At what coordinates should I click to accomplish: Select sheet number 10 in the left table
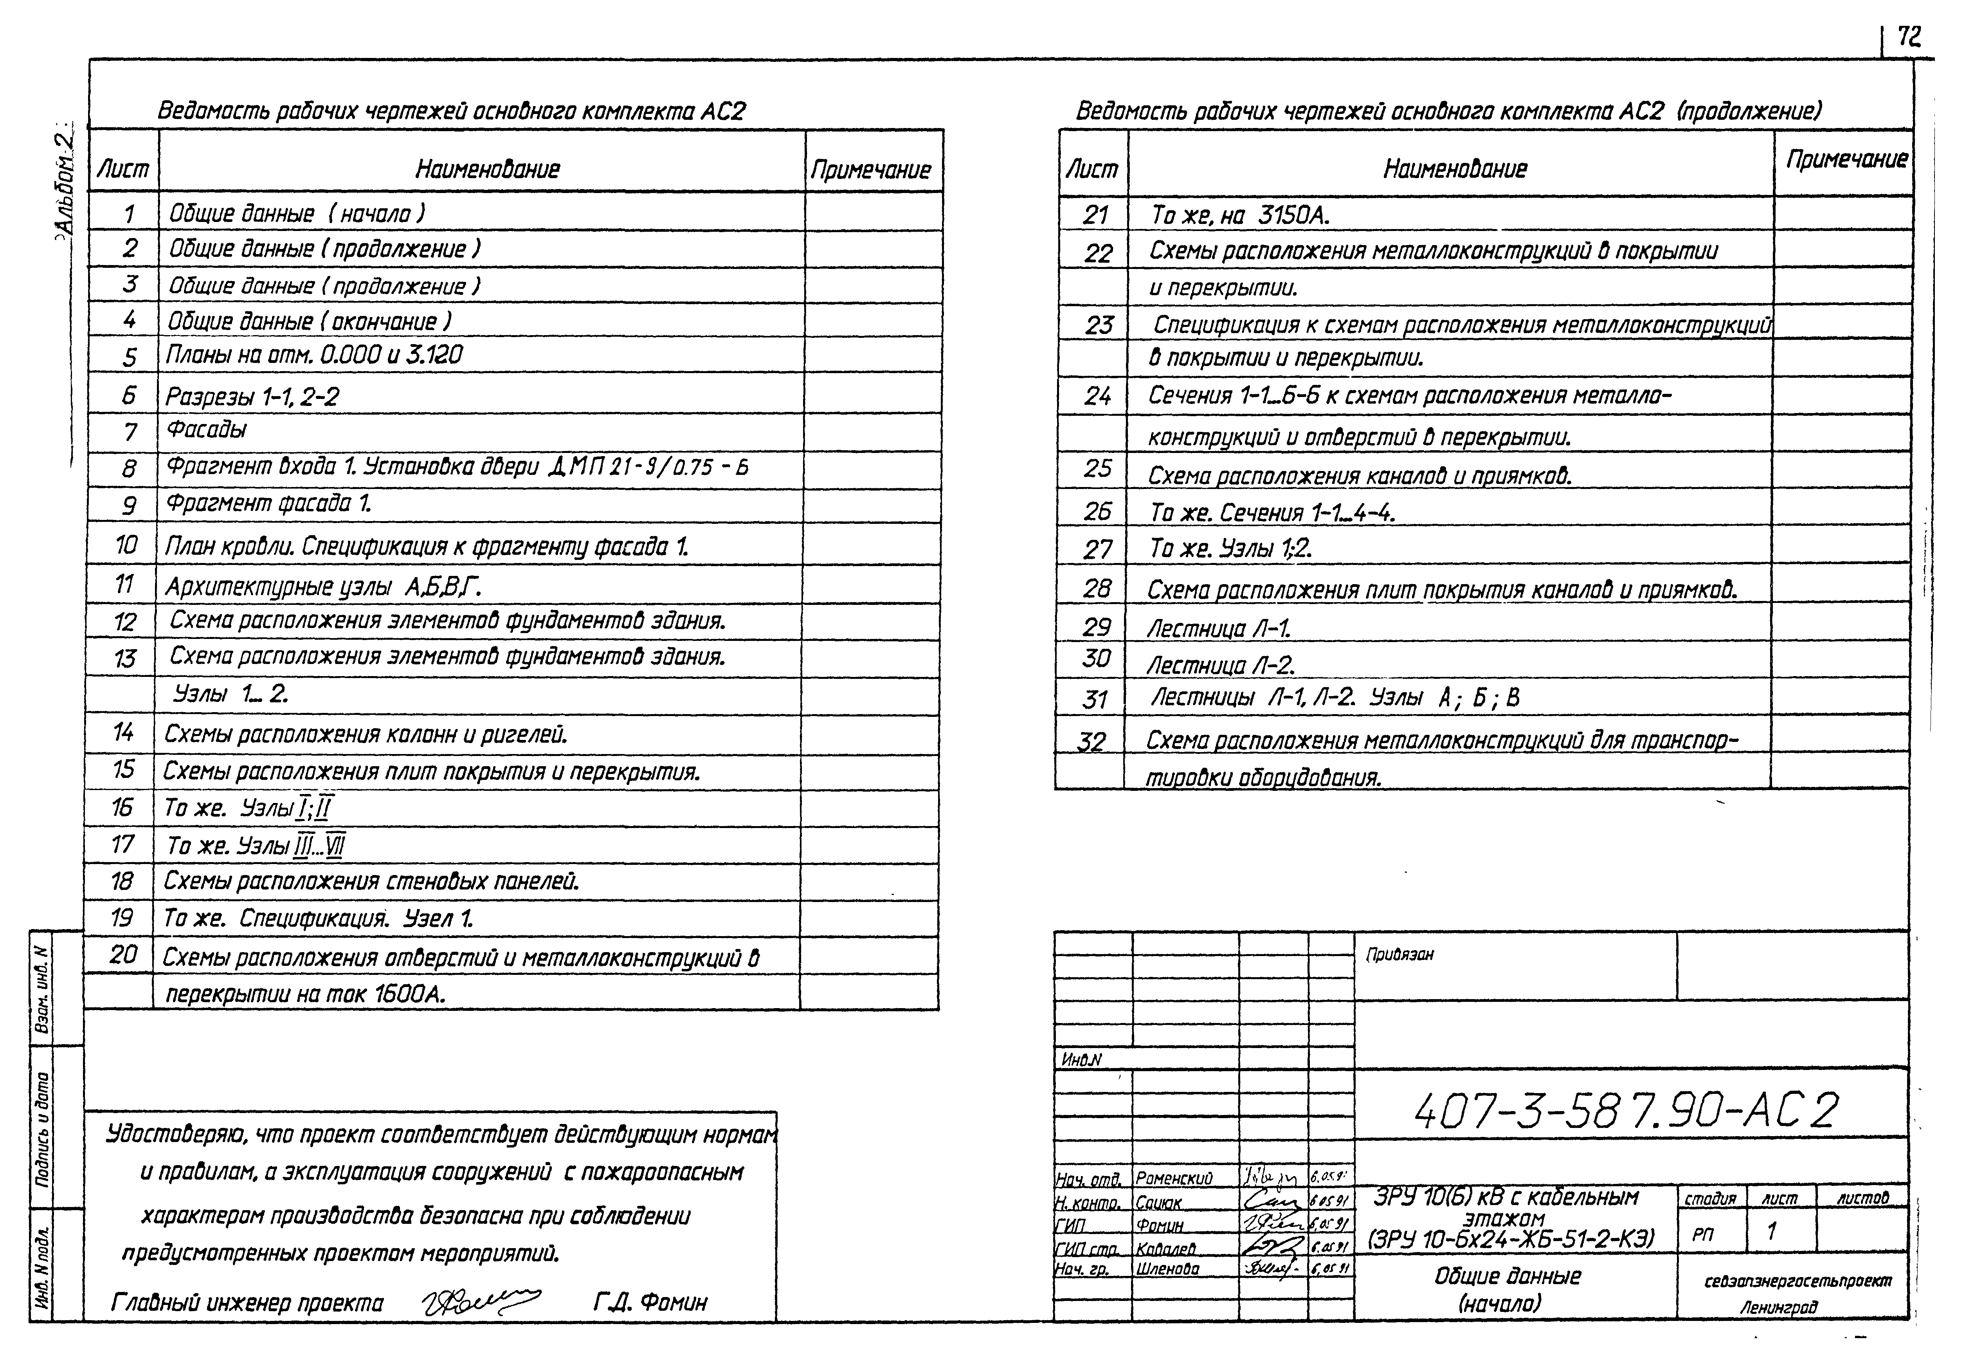pos(126,545)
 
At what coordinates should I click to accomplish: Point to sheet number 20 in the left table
pos(123,954)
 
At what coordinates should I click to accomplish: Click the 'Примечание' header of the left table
pos(871,170)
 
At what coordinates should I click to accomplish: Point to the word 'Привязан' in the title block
pos(1399,954)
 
